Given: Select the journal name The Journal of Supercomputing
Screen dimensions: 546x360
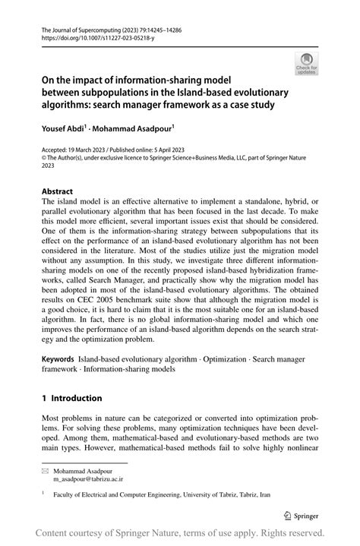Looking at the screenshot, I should point(75,26).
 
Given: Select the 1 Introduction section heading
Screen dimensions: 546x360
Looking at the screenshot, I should point(72,398).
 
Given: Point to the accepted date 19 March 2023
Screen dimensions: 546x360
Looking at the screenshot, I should point(89,150).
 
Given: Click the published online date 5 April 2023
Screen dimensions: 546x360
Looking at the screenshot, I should point(172,150).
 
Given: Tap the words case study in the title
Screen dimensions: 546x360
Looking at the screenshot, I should point(254,105).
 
